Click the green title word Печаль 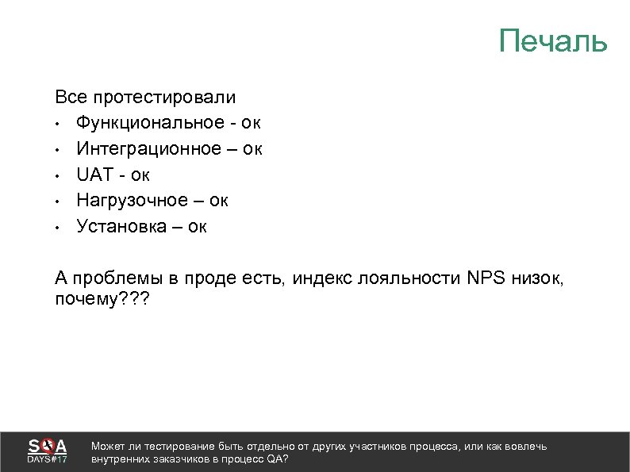[553, 40]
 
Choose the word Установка [120, 227]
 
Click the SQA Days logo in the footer [48, 451]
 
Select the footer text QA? [279, 459]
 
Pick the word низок [543, 278]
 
